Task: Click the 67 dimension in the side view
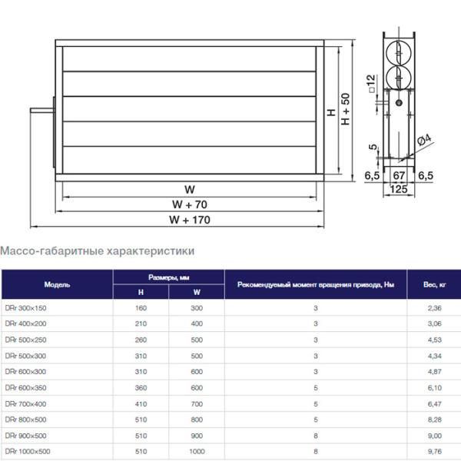tap(398, 175)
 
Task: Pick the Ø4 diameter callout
tap(425, 141)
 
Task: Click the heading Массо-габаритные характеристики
tap(98, 250)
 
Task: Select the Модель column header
tap(58, 284)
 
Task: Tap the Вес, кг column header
tap(435, 284)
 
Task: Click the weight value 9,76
tap(435, 451)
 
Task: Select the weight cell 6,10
tap(435, 387)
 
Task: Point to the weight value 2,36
tap(435, 308)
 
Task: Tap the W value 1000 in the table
tap(197, 451)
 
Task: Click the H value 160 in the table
tap(141, 308)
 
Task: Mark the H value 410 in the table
tap(141, 403)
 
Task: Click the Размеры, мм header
tap(169, 277)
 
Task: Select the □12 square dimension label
tap(370, 82)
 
